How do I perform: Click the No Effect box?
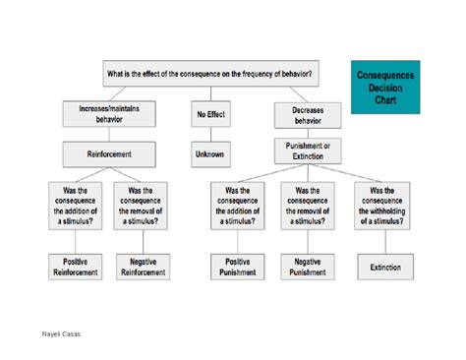[210, 115]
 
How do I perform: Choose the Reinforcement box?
[109, 153]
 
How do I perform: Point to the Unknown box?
[210, 153]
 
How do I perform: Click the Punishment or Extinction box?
[307, 151]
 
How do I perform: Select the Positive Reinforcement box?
[76, 267]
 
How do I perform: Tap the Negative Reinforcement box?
[139, 267]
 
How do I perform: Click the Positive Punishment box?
[237, 267]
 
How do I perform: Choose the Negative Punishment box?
[307, 267]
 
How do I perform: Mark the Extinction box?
[384, 267]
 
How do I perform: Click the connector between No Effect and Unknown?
[210, 134]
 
